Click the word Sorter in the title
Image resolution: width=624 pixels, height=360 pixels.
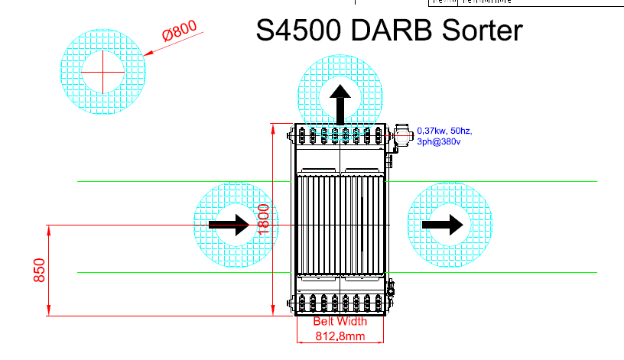[x=481, y=31]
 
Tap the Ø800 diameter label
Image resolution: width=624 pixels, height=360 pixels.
[x=180, y=32]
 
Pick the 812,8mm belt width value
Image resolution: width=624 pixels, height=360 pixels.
[x=340, y=336]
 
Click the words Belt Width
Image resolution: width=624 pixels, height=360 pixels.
[x=340, y=322]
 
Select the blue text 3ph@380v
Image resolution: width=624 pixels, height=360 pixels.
[x=438, y=141]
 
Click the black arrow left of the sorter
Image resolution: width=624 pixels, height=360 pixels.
[x=231, y=225]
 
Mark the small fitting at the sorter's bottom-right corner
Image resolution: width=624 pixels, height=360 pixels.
[x=390, y=289]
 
